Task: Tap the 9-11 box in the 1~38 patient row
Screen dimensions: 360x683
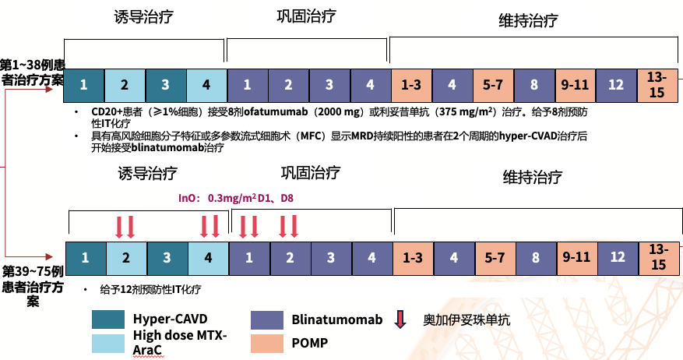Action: tap(574, 83)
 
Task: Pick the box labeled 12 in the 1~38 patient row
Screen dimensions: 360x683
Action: tap(616, 83)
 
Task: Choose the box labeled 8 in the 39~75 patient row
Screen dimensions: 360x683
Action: tap(536, 256)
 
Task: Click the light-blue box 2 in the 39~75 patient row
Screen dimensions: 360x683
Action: tap(126, 256)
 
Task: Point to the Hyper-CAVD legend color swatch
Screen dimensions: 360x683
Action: tap(107, 319)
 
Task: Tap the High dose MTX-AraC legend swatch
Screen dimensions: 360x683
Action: tap(107, 342)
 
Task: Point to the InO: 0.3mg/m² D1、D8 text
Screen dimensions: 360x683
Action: tap(236, 199)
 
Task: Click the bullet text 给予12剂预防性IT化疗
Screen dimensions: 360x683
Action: tap(150, 289)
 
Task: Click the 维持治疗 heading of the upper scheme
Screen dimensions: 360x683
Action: tap(528, 21)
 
